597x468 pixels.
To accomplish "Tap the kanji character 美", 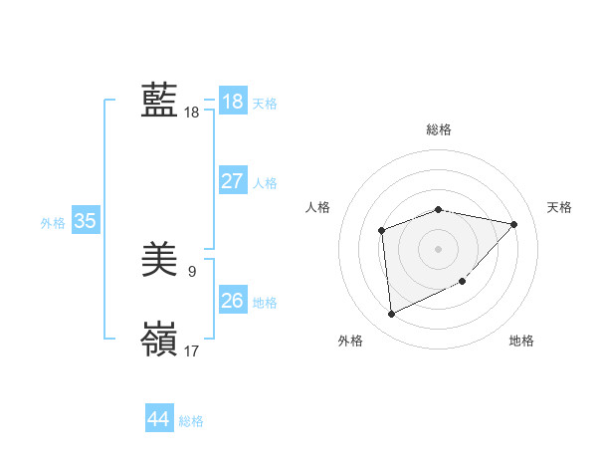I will (159, 261).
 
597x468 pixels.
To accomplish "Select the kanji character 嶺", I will (159, 339).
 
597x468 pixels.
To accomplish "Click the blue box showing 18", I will (232, 101).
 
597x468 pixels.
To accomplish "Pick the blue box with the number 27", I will (232, 181).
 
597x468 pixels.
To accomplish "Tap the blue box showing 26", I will (232, 300).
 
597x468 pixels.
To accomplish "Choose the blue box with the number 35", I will (86, 221).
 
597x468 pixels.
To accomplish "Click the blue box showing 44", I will (158, 419).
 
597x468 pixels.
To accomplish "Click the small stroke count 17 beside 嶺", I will (191, 351).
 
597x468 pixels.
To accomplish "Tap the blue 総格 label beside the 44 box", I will (191, 421).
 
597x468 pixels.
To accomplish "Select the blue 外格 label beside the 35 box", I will (53, 223).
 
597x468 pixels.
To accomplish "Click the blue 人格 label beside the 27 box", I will (265, 183).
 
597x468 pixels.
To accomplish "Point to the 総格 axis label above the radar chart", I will (438, 129).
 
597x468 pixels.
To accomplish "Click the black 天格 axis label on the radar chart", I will (559, 207).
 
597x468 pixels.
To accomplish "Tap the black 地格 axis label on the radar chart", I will (521, 341).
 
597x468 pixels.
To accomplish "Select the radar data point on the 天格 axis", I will (513, 224).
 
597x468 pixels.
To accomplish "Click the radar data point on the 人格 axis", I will (382, 231).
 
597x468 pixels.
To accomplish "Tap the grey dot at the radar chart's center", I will (438, 248).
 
